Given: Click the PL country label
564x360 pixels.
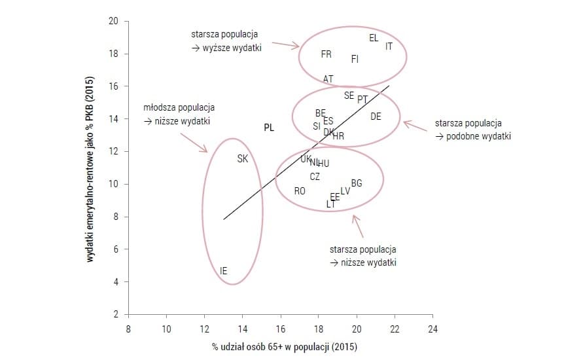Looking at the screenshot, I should tap(269, 128).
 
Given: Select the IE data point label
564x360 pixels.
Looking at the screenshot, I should tap(224, 270).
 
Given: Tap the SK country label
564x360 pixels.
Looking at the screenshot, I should tap(242, 158).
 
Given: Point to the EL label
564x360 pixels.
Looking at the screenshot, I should tap(374, 39).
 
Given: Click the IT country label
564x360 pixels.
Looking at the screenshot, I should tap(389, 46).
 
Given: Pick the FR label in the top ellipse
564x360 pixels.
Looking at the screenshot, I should tap(326, 54).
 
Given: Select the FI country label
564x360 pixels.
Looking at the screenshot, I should tap(355, 59).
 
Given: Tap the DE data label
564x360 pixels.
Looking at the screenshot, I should tap(376, 117).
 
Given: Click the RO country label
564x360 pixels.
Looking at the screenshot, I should tap(300, 191).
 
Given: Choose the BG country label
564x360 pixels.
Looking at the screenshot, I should tap(357, 183).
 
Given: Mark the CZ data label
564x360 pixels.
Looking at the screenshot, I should tap(315, 177).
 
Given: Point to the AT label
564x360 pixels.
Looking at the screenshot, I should tap(328, 79).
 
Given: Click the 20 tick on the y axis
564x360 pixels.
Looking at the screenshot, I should tap(113, 22).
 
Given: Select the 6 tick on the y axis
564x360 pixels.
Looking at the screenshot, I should tap(115, 249).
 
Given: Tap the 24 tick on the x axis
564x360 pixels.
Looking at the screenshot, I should tap(432, 328).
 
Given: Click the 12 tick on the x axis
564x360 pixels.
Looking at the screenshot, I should tap(204, 328).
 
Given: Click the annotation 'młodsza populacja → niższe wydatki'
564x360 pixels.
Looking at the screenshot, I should tap(179, 114).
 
